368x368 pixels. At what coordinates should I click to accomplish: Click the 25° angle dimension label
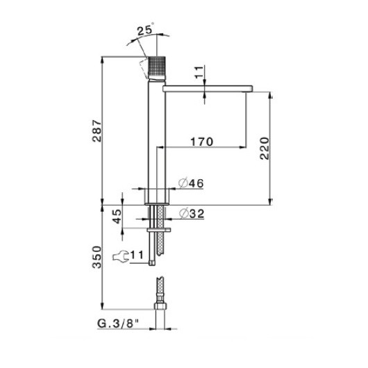[x=145, y=29]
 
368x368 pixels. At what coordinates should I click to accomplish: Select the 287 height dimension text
[x=97, y=131]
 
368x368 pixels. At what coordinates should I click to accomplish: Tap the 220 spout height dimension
[x=265, y=149]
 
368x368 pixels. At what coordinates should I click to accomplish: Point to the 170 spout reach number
[x=201, y=142]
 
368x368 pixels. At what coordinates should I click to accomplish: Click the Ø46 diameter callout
[x=191, y=183]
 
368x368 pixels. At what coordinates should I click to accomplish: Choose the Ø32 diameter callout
[x=192, y=214]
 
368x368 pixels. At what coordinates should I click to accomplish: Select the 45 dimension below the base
[x=117, y=216]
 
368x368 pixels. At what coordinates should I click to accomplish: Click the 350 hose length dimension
[x=97, y=257]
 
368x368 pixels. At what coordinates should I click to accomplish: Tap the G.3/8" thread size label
[x=118, y=324]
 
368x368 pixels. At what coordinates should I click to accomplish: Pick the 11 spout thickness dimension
[x=199, y=72]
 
